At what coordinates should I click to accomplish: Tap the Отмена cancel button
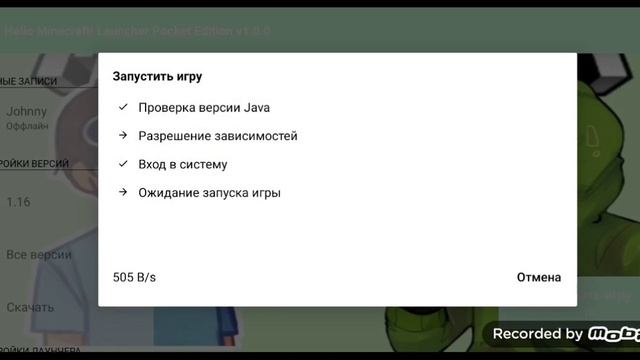point(539,277)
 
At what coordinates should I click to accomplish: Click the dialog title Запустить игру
point(157,76)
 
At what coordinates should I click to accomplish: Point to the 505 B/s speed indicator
point(135,277)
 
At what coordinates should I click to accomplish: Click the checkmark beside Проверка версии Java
point(122,108)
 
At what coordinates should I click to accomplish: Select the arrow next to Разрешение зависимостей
point(122,136)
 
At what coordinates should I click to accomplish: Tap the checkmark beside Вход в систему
point(122,164)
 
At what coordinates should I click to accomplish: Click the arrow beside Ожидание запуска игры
point(122,192)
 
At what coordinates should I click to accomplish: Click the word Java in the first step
point(257,108)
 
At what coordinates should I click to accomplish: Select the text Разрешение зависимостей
point(218,136)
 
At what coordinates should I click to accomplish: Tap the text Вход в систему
point(183,164)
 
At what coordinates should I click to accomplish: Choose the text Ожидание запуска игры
point(209,192)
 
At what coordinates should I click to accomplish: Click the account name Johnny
point(27,112)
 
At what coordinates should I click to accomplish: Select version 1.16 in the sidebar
point(19,202)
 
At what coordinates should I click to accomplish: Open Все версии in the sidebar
point(38,255)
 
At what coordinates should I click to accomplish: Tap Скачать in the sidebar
point(30,307)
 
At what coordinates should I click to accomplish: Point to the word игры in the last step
point(265,192)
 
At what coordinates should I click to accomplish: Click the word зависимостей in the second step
point(255,136)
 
